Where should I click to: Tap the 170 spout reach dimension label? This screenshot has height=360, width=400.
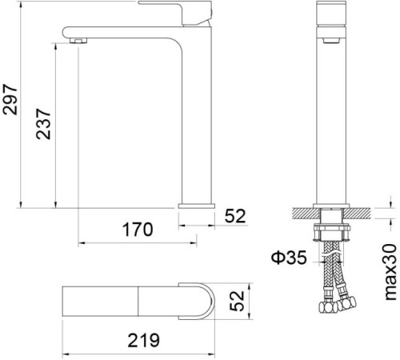tap(137, 230)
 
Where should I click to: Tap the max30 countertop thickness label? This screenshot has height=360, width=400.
tap(388, 273)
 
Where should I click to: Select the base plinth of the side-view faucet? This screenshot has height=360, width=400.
tap(197, 206)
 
